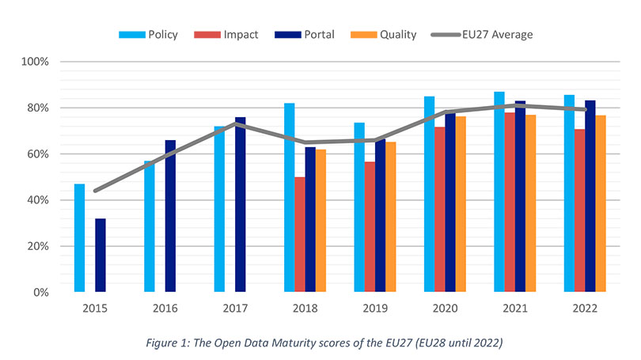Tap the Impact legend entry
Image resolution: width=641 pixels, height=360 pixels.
click(x=231, y=34)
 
